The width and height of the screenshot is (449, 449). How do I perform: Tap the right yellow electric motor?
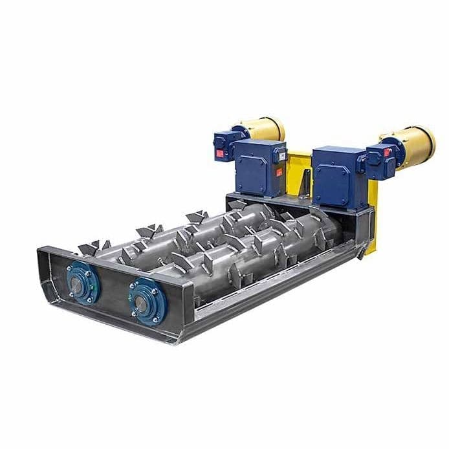coord(414,142)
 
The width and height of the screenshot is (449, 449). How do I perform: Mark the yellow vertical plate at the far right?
coord(374,214)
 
